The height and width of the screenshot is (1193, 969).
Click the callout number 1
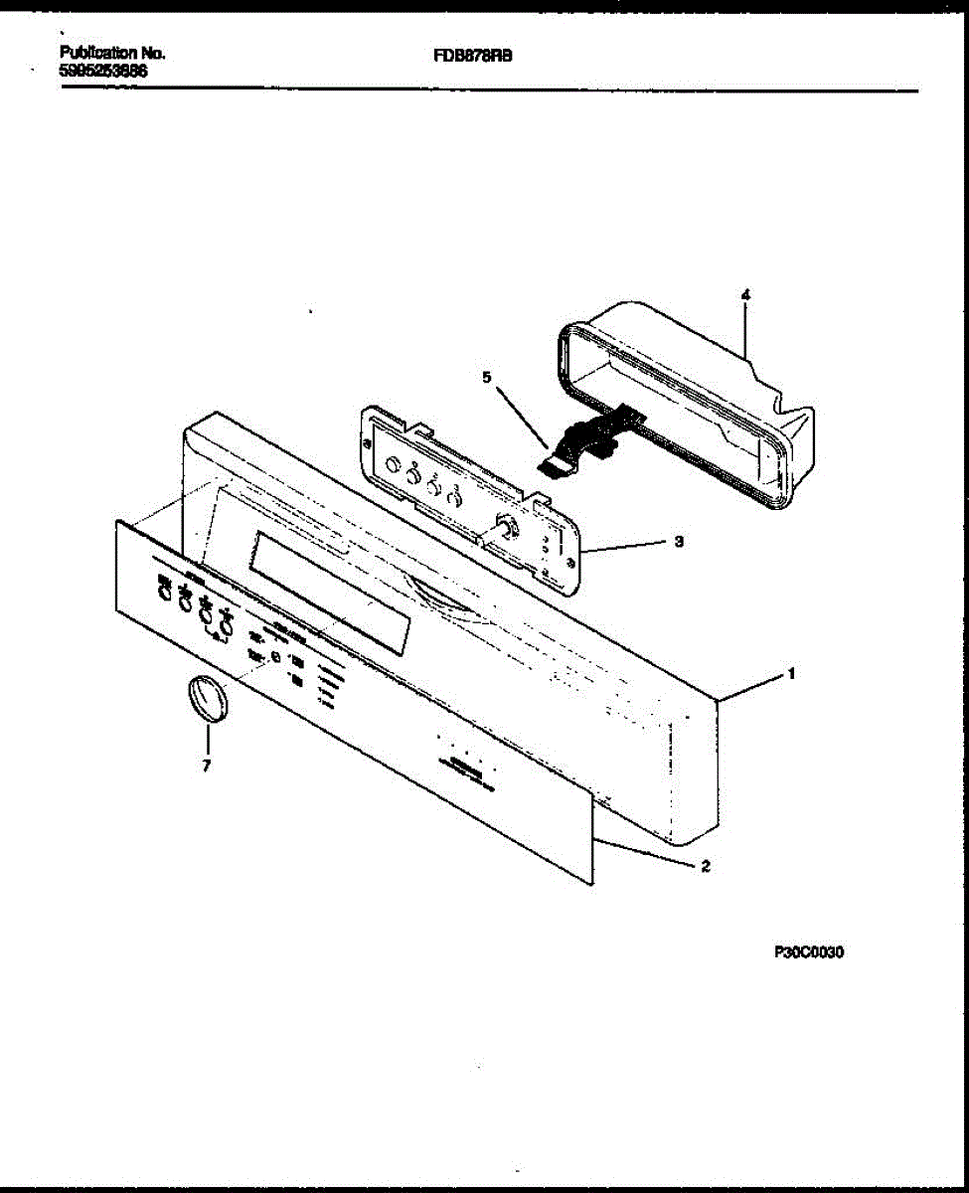click(791, 673)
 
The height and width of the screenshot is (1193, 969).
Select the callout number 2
click(705, 866)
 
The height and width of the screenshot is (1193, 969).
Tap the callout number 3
click(679, 542)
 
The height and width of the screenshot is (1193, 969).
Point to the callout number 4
click(745, 294)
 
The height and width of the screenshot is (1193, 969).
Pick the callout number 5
click(486, 378)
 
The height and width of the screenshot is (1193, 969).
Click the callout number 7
click(206, 766)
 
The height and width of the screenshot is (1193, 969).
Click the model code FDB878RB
click(472, 57)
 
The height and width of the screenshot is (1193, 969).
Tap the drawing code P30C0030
click(809, 952)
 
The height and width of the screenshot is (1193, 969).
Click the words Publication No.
click(112, 53)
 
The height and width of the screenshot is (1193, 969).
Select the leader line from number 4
click(745, 328)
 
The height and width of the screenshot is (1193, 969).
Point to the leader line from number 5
click(521, 413)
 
